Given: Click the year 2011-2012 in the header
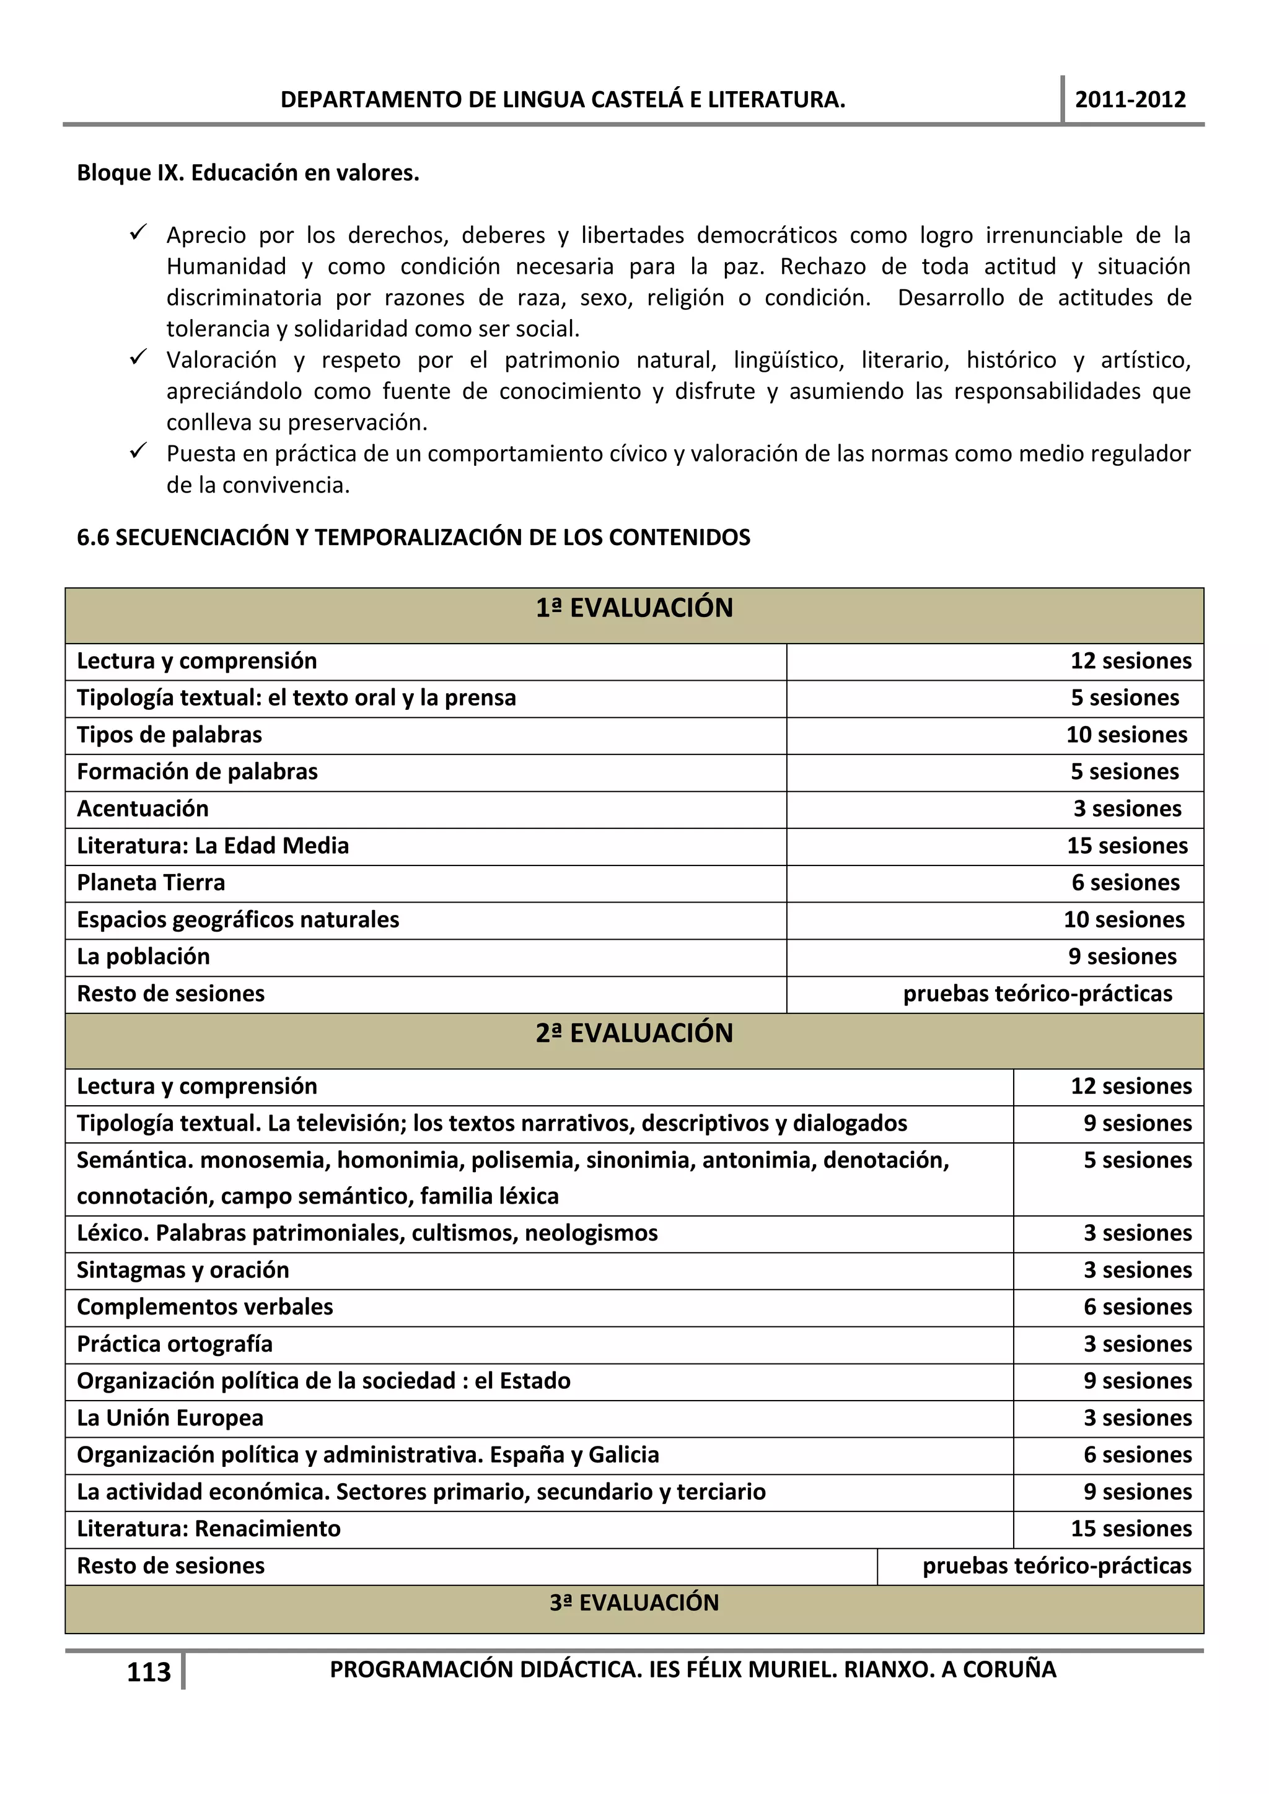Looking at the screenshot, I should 1130,100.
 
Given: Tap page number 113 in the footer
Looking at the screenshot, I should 149,1672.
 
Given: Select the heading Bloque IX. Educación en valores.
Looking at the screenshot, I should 248,173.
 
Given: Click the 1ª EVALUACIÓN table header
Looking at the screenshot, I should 634,608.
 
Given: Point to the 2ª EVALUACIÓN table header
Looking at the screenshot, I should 634,1033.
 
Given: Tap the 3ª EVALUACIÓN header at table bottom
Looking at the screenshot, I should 634,1603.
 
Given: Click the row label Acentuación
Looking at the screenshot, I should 143,808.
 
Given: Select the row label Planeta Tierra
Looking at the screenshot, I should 151,883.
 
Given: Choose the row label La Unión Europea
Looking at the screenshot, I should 170,1418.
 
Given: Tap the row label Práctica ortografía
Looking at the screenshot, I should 175,1344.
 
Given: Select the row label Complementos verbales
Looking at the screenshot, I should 204,1307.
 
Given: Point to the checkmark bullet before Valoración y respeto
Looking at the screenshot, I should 138,359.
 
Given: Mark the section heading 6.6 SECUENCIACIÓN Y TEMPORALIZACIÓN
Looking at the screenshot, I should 413,538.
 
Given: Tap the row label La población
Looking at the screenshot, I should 144,957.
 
